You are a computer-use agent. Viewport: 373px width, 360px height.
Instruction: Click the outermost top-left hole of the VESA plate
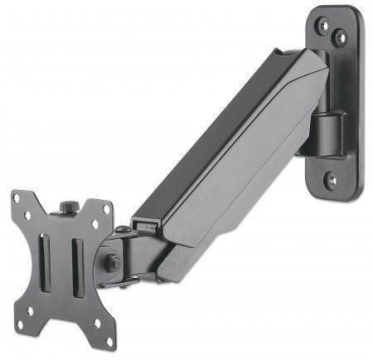[17, 197]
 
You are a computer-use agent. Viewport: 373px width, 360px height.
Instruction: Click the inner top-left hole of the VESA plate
[27, 215]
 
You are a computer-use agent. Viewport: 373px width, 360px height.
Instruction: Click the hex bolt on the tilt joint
[110, 263]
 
